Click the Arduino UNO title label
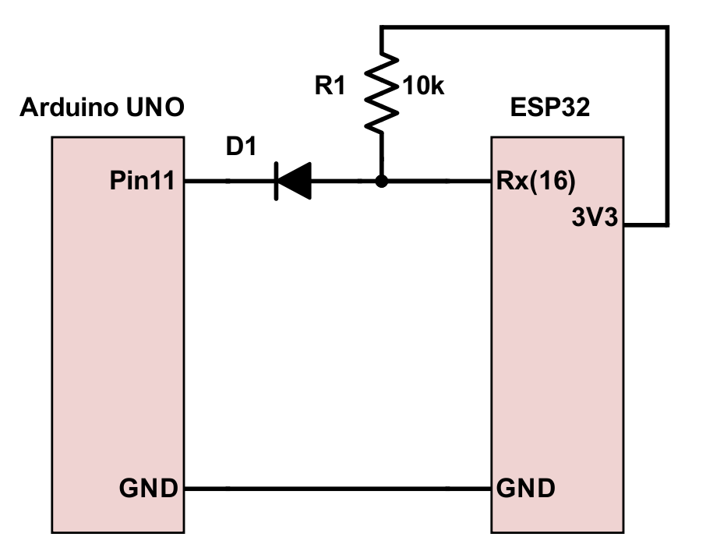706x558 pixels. point(101,107)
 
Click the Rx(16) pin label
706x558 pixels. point(535,182)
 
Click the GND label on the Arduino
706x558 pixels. point(148,489)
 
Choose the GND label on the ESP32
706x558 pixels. point(526,489)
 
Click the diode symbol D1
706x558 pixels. point(292,182)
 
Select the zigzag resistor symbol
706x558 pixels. point(382,93)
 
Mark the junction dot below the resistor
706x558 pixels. point(382,182)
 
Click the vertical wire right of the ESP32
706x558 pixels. point(667,125)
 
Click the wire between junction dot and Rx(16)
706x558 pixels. point(436,182)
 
